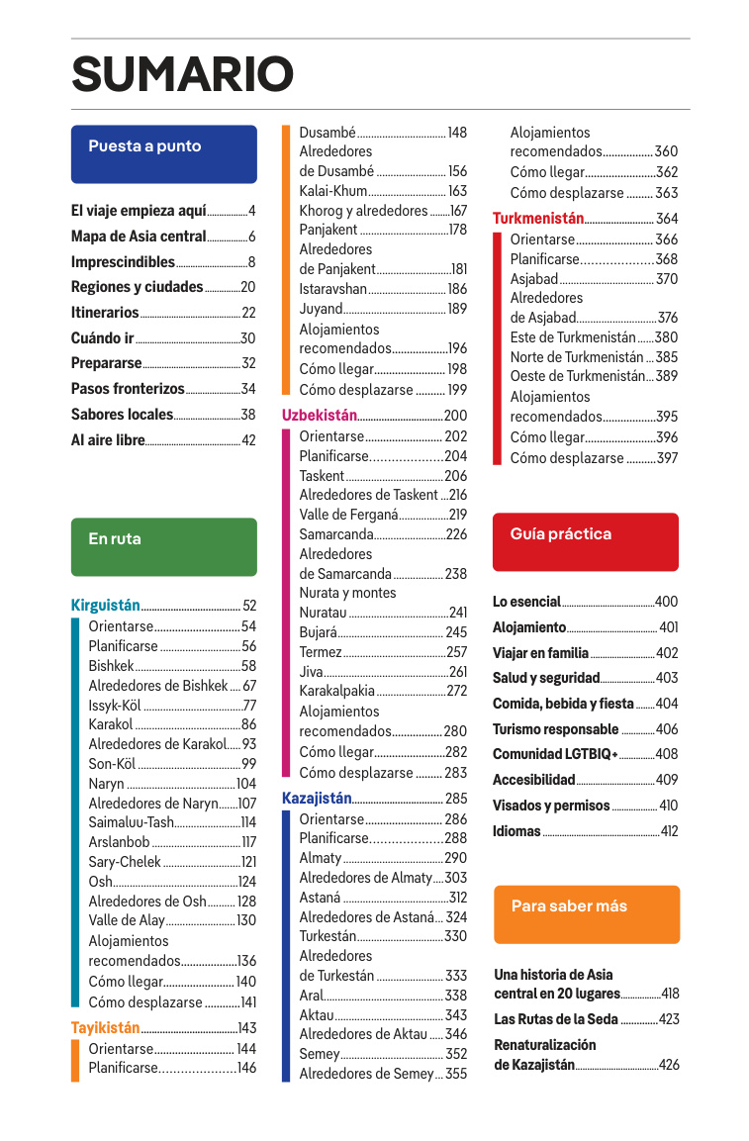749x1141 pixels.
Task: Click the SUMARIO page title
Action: (182, 74)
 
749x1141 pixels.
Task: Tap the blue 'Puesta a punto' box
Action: (163, 153)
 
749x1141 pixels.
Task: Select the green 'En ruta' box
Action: (163, 546)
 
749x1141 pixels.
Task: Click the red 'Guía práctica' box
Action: (585, 541)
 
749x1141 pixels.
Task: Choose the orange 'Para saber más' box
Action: (586, 913)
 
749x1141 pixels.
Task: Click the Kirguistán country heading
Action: (105, 606)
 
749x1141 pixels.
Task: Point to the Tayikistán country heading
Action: (106, 1028)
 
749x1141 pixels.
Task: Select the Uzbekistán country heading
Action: (319, 416)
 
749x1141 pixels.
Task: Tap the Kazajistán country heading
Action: (317, 799)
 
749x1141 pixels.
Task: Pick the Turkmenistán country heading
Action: (538, 219)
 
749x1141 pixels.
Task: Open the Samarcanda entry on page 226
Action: (336, 534)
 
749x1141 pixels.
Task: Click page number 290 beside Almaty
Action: (455, 858)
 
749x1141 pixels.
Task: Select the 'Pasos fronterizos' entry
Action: (128, 389)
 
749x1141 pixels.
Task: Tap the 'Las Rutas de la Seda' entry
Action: (556, 1019)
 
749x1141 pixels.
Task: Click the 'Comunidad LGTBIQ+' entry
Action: (555, 754)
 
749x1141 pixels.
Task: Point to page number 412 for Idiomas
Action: (669, 831)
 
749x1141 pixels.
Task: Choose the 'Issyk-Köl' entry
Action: (115, 706)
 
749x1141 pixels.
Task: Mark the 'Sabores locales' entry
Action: (122, 415)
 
